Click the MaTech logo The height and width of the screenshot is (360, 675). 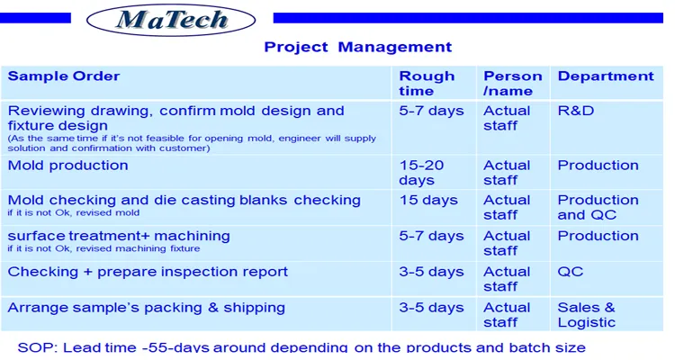(x=172, y=20)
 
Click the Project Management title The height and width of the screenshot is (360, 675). (x=357, y=47)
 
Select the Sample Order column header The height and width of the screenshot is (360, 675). (x=64, y=76)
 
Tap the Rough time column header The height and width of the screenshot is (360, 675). (x=427, y=83)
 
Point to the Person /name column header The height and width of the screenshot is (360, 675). (x=512, y=83)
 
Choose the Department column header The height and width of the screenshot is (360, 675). (x=606, y=76)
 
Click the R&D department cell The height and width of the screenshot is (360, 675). (x=576, y=111)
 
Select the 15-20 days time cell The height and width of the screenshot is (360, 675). (x=421, y=173)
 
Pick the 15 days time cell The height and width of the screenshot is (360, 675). (x=428, y=201)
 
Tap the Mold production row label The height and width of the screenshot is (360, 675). (x=68, y=166)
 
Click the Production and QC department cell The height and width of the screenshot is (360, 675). (x=598, y=208)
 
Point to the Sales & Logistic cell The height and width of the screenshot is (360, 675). (x=587, y=315)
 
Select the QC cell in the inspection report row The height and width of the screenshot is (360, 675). (x=571, y=272)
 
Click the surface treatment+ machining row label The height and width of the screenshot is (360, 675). (x=119, y=236)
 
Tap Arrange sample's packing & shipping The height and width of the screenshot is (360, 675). (x=147, y=308)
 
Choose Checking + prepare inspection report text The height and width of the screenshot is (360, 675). (x=148, y=272)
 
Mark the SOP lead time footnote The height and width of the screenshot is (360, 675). (x=301, y=347)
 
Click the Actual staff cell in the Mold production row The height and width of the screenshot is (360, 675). (x=507, y=173)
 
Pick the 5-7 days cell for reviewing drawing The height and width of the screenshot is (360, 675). (x=431, y=111)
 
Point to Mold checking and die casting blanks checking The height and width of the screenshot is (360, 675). (x=184, y=201)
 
